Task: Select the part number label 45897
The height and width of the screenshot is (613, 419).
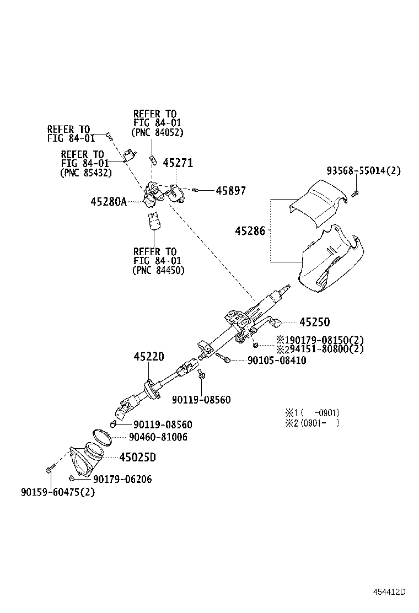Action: (x=230, y=191)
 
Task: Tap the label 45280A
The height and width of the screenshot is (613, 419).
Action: (x=108, y=202)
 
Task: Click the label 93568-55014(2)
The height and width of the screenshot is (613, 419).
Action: (x=363, y=171)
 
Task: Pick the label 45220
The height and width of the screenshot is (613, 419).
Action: (x=148, y=357)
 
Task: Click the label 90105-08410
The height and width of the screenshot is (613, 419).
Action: (x=269, y=361)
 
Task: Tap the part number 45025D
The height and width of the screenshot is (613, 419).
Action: (x=137, y=457)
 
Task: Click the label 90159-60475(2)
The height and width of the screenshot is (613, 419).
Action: (x=50, y=492)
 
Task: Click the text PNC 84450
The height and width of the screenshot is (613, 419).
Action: (x=158, y=270)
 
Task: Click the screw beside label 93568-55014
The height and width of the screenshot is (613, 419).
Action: (x=355, y=192)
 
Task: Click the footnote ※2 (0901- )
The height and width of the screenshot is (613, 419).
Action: (x=311, y=423)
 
